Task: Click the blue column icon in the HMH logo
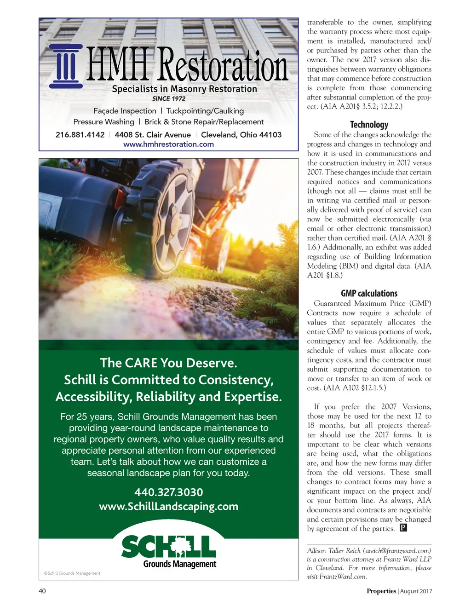[66, 66]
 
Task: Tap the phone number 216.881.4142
[80, 135]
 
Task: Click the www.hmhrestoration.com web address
[168, 144]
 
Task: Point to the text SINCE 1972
[169, 98]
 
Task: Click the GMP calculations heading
[369, 294]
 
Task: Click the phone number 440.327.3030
[168, 492]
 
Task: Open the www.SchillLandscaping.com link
[168, 507]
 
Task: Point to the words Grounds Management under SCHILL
[179, 564]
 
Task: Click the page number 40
[42, 591]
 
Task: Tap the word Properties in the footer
[381, 591]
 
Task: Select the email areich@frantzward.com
[397, 551]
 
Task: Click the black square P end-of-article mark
[403, 528]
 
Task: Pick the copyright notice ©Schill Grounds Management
[72, 573]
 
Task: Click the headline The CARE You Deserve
[168, 363]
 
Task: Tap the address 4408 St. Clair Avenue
[153, 135]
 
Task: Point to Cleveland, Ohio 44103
[241, 135]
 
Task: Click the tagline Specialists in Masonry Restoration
[184, 89]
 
